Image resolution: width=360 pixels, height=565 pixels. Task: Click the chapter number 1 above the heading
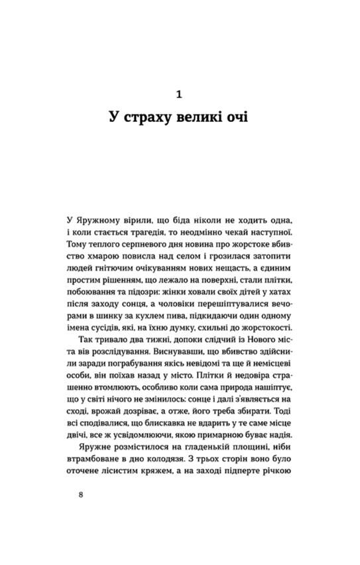click(x=180, y=95)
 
